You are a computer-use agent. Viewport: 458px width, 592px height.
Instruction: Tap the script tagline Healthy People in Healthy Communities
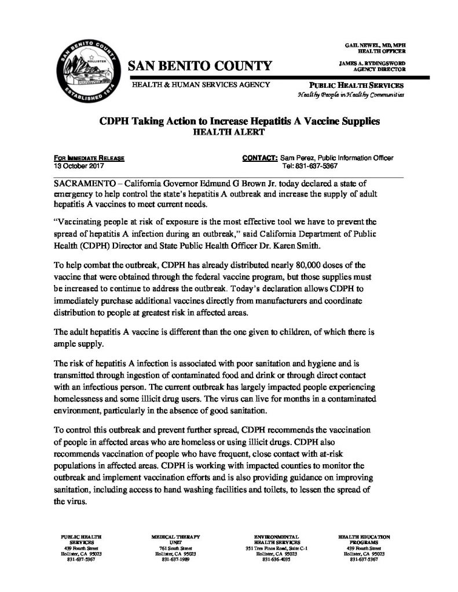[x=350, y=94]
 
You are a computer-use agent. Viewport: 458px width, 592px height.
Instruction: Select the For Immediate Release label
[x=89, y=157]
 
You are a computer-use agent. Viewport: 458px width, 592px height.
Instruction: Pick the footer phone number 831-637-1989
[x=173, y=560]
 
